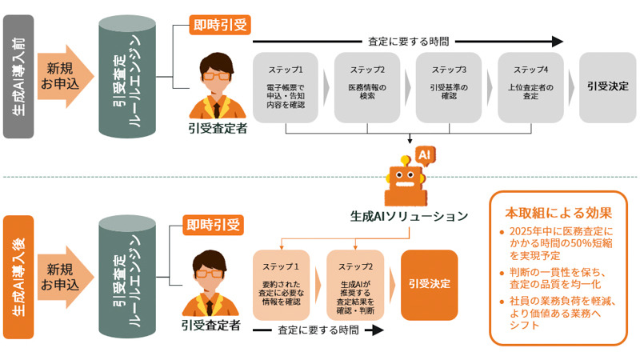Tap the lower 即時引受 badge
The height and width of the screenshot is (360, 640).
213,225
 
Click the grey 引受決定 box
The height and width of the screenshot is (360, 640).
607,87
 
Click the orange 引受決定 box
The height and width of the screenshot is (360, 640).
429,284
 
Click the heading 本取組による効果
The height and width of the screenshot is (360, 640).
558,214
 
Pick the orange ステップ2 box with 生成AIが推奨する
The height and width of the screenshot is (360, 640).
354,284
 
